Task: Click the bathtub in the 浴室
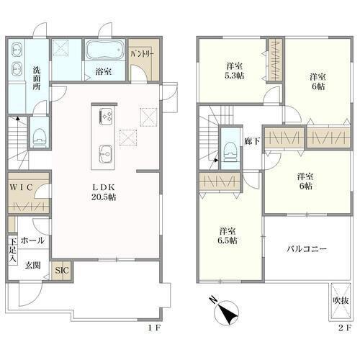pyautogui.click(x=105, y=50)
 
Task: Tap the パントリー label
pyautogui.click(x=143, y=54)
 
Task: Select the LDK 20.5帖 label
pyautogui.click(x=104, y=192)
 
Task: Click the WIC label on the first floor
pyautogui.click(x=21, y=187)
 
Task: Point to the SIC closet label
pyautogui.click(x=62, y=271)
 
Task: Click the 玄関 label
pyautogui.click(x=33, y=265)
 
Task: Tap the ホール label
pyautogui.click(x=32, y=240)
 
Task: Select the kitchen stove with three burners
pyautogui.click(x=106, y=115)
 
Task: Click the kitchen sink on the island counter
pyautogui.click(x=106, y=153)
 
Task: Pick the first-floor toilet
pyautogui.click(x=40, y=138)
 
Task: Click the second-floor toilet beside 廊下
pyautogui.click(x=230, y=152)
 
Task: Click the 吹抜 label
pyautogui.click(x=341, y=300)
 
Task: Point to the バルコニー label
pyautogui.click(x=307, y=249)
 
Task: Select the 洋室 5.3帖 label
pyautogui.click(x=234, y=71)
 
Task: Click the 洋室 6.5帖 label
pyautogui.click(x=228, y=235)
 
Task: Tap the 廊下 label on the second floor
pyautogui.click(x=252, y=141)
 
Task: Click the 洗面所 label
pyautogui.click(x=37, y=78)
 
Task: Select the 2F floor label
pyautogui.click(x=345, y=328)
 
